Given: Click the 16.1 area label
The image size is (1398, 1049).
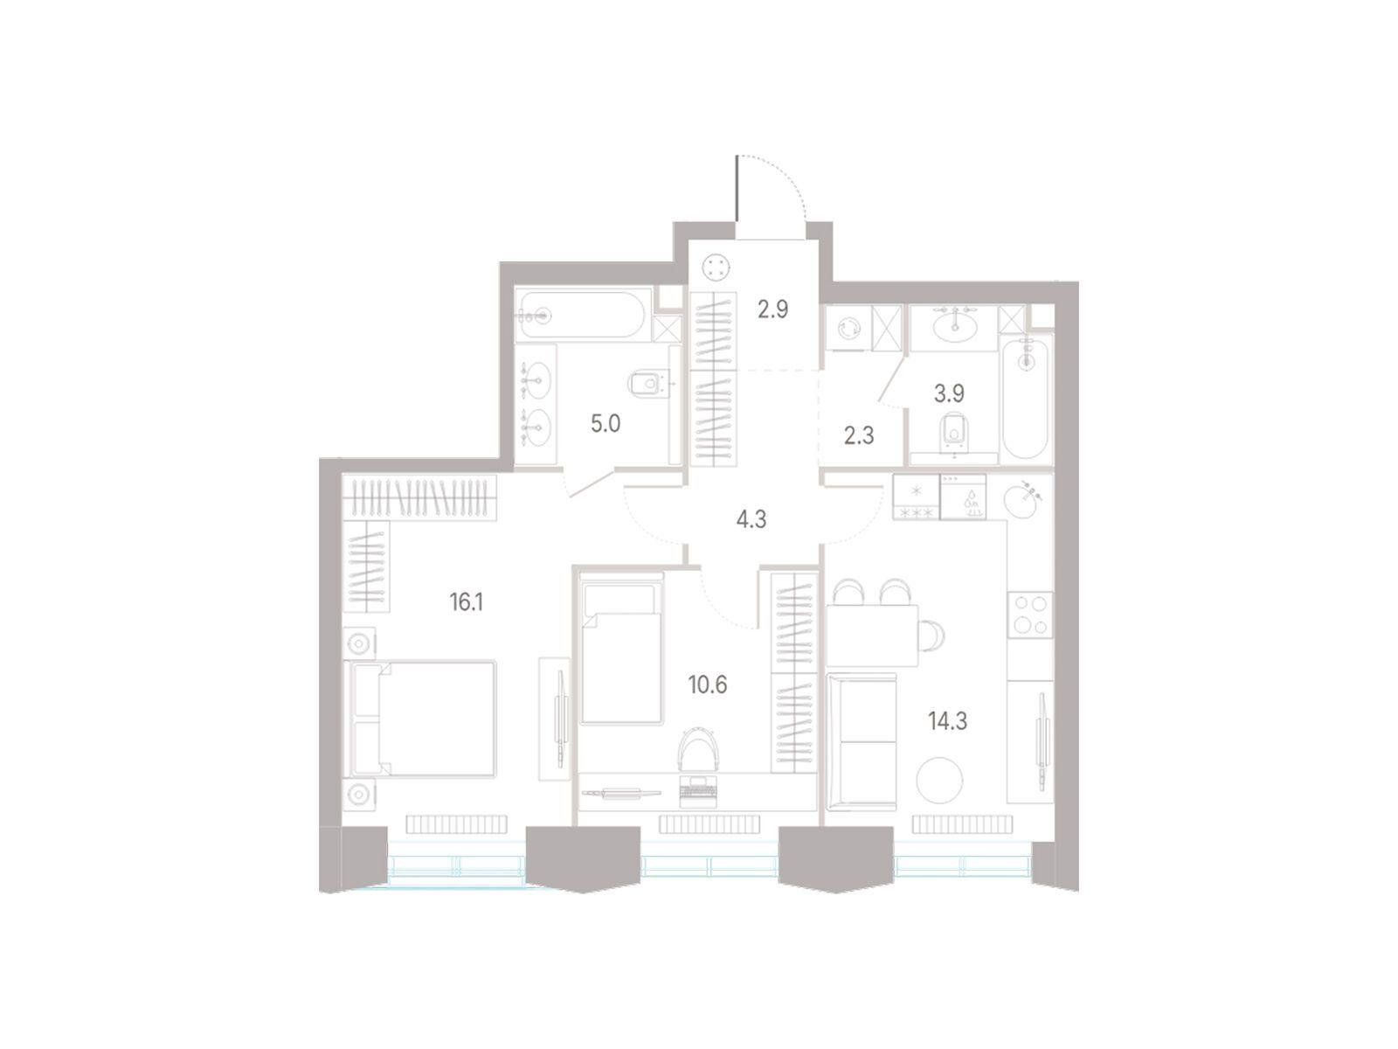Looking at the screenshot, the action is [x=466, y=602].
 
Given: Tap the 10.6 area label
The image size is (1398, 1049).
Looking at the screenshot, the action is [x=707, y=684].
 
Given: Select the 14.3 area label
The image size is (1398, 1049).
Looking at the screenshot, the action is [x=947, y=722].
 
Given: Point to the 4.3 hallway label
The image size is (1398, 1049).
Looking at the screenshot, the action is [x=751, y=520].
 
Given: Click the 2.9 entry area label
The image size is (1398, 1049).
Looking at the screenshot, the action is [x=772, y=309].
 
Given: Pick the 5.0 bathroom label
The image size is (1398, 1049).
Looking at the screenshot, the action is [x=605, y=424].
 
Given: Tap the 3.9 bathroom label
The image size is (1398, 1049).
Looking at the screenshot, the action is [x=948, y=393].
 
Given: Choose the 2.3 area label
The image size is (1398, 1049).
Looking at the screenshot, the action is [x=859, y=436].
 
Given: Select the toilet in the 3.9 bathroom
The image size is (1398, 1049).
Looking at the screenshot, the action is [x=952, y=435].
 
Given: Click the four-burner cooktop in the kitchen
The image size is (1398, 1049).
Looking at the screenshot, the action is [x=1030, y=615].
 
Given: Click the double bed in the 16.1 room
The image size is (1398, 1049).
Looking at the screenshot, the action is [x=419, y=719].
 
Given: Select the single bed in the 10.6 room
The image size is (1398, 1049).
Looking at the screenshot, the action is [x=621, y=648].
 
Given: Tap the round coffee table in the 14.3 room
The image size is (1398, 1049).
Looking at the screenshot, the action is [x=939, y=780].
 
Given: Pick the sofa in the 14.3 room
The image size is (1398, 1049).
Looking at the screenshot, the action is [x=862, y=741].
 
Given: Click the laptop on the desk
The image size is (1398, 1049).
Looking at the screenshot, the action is [x=698, y=789].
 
